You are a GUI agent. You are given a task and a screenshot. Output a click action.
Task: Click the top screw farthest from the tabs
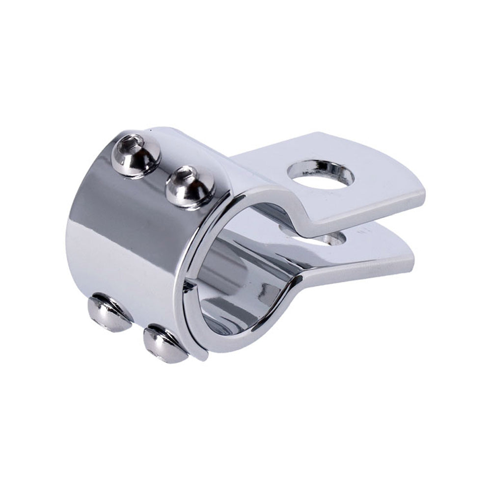click(136, 155)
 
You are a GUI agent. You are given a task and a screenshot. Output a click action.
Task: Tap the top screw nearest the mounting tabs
click(190, 187)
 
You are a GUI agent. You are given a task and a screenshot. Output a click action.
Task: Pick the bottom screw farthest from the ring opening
click(109, 313)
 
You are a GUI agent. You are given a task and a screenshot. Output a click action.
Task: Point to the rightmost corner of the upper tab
click(423, 196)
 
